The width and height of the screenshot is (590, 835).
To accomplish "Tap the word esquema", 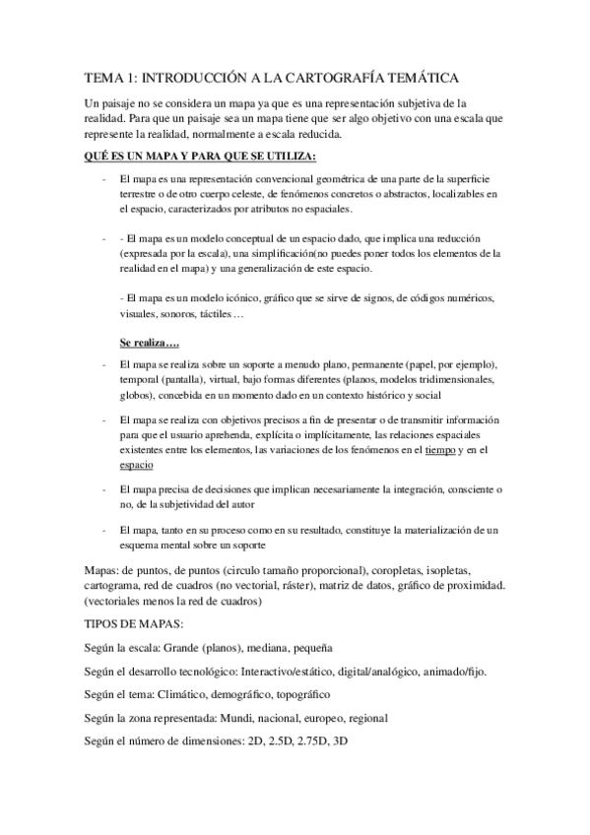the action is (x=141, y=546).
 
